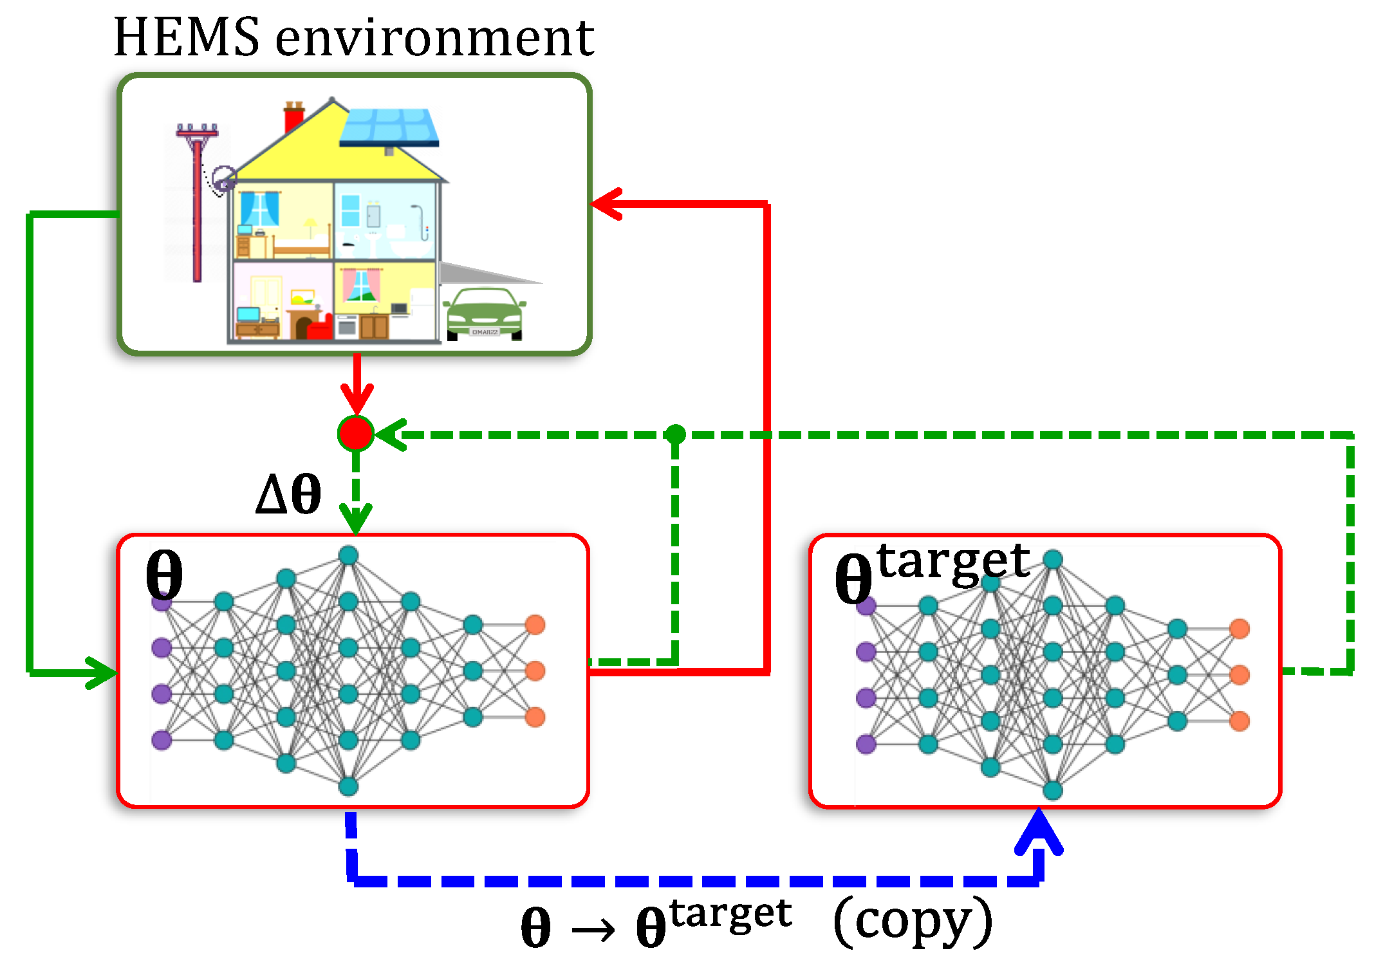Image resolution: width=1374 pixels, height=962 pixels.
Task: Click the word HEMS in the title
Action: point(187,37)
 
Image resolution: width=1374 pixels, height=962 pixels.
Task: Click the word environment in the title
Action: point(434,39)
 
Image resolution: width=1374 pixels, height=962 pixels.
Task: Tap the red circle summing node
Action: point(356,434)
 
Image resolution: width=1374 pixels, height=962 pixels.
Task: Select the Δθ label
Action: point(288,494)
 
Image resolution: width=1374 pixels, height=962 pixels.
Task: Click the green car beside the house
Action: point(485,314)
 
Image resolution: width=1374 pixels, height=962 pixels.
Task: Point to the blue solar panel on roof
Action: point(389,127)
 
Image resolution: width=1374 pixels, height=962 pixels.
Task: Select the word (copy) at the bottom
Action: point(913,922)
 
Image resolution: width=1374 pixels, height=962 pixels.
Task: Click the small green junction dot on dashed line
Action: point(675,434)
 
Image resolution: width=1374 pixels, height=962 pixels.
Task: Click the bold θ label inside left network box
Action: point(164,575)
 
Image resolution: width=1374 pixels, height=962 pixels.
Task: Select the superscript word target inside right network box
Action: point(952,563)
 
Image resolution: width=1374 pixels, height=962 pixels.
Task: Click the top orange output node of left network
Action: point(535,624)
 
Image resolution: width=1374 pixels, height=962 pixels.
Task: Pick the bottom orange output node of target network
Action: point(1239,721)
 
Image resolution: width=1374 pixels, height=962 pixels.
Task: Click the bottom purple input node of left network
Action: point(162,740)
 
